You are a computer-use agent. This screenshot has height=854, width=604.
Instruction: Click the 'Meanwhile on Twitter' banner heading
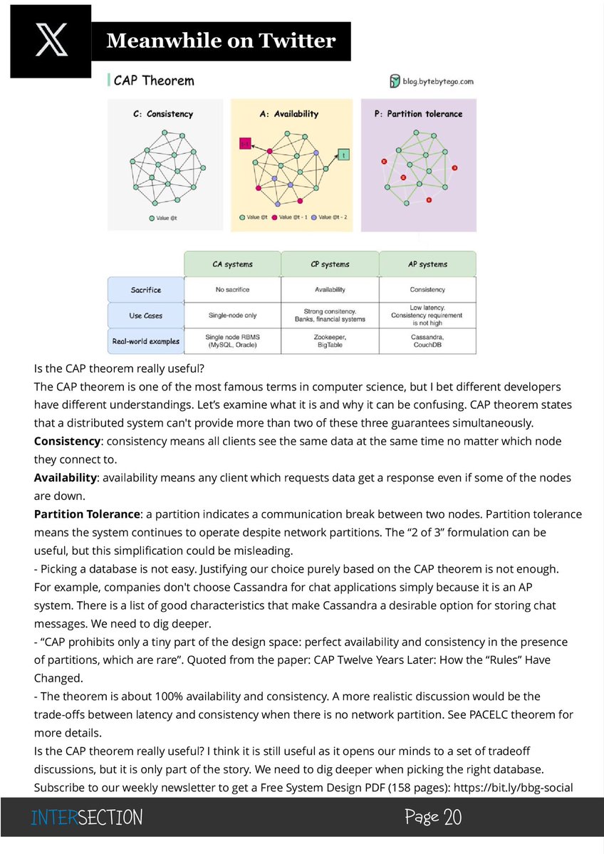[221, 41]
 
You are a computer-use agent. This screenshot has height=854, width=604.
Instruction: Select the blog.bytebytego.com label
[432, 81]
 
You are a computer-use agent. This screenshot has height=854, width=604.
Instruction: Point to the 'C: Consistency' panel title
[163, 114]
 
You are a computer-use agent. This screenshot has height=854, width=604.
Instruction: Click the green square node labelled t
[343, 155]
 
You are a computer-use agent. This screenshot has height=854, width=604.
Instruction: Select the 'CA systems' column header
[232, 264]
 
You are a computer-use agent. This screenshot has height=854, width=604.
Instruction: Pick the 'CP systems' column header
[330, 264]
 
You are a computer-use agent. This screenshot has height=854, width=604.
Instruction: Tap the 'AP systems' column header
[427, 264]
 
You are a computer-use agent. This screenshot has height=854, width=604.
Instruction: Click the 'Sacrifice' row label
[146, 290]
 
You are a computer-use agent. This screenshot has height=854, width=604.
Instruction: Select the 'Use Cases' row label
[146, 315]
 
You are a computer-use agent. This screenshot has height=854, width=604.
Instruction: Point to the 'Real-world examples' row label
[146, 341]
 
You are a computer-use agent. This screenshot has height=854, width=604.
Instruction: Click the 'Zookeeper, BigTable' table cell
[330, 341]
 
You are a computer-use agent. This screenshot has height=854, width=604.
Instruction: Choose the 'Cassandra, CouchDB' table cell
[427, 341]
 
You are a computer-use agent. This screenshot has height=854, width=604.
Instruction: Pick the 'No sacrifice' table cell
[232, 290]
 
